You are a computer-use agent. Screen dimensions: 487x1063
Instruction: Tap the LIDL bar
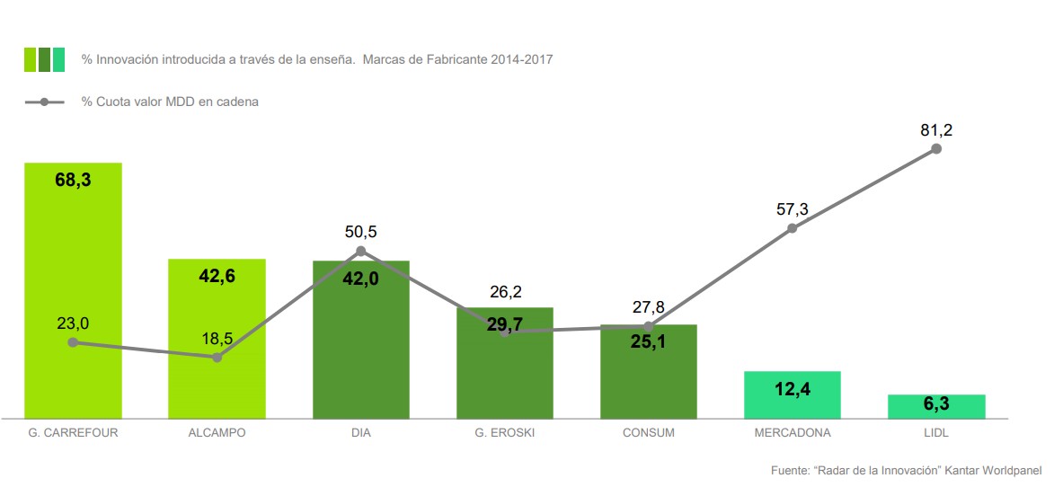(936, 406)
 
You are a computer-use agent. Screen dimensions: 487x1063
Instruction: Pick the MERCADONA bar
(792, 394)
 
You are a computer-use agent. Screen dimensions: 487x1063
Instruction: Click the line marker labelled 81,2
(936, 148)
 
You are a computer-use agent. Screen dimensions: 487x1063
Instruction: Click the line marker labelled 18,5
(217, 357)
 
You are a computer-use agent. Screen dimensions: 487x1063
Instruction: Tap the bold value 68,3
(73, 180)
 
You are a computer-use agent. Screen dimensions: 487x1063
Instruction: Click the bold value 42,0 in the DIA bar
(360, 279)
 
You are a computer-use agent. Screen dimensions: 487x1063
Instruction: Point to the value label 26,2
(504, 292)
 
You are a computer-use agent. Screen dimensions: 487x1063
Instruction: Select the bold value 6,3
(936, 405)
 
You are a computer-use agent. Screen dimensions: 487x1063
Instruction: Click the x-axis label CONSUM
(648, 433)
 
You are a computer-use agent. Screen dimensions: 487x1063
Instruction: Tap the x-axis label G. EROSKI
(504, 433)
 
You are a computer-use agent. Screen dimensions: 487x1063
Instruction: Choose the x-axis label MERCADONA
(792, 433)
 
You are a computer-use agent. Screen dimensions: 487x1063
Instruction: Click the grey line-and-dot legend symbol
(44, 102)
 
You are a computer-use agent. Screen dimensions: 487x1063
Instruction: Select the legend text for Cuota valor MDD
(171, 102)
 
